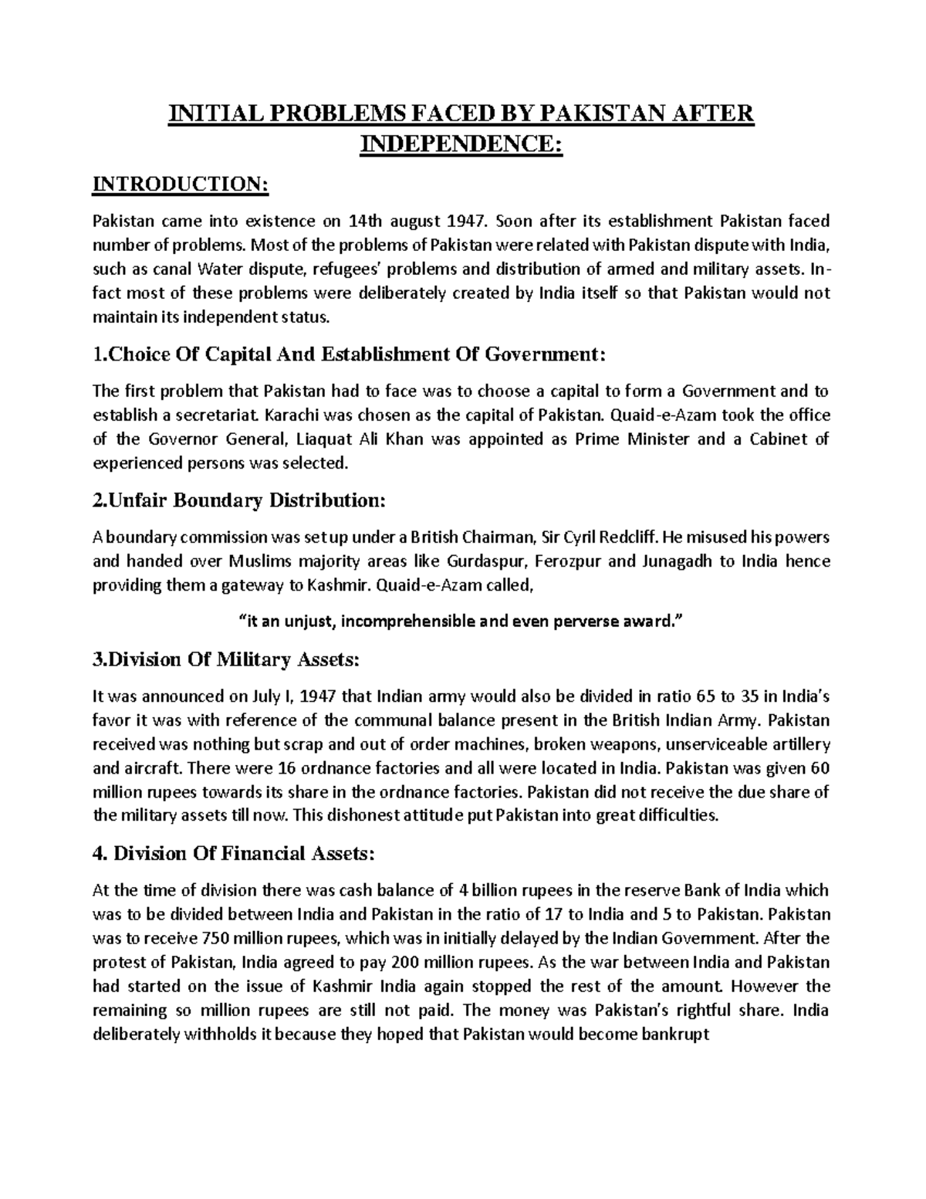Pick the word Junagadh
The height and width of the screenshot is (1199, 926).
[x=674, y=561]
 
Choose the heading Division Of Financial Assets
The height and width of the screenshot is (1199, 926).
[x=233, y=853]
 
